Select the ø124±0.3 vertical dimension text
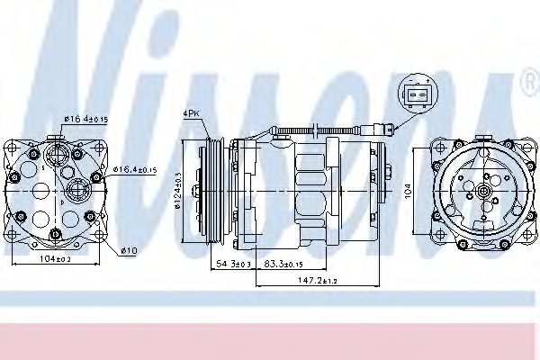tap(180, 189)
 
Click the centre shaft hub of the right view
tap(482, 192)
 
